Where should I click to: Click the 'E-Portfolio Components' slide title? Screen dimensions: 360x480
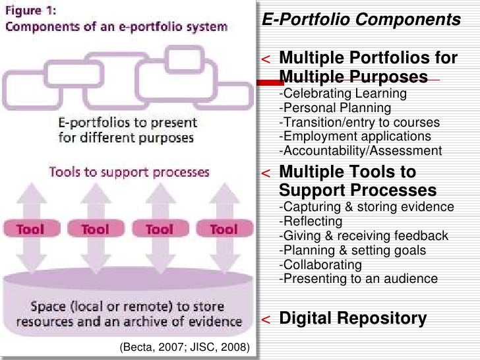[x=361, y=20]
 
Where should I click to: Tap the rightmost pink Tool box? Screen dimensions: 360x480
[x=224, y=229]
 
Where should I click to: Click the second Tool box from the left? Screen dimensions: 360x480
[x=95, y=229]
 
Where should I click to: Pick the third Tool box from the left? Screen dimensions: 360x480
[x=159, y=229]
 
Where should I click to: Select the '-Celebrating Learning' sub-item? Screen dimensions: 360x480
[x=343, y=93]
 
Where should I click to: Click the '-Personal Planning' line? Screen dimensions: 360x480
[x=335, y=107]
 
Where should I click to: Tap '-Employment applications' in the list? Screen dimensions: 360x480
[x=355, y=136]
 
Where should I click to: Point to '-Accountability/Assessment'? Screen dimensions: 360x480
[x=361, y=151]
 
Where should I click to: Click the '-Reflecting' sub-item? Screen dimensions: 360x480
[x=311, y=221]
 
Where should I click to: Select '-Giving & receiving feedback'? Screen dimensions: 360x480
[x=364, y=235]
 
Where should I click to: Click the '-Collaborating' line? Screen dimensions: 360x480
[x=320, y=264]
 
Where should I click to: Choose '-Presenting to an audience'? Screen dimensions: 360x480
[x=359, y=278]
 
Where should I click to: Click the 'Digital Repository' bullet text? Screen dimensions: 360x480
[x=353, y=318]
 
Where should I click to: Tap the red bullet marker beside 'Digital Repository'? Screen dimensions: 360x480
[x=265, y=320]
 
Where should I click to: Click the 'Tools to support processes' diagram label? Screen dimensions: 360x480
[x=129, y=173]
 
